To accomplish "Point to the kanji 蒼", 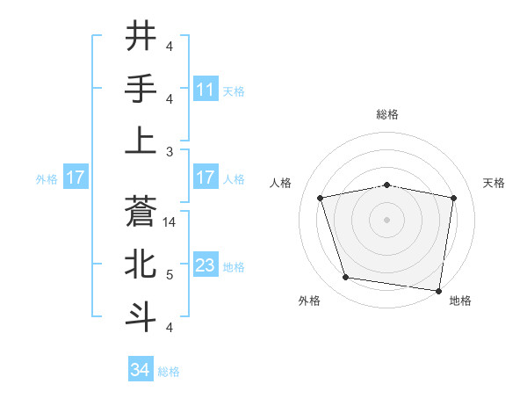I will (x=141, y=211).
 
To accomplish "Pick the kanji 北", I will (x=141, y=264).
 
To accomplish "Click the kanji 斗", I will (x=141, y=315).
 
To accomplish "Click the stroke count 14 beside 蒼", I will (x=170, y=222).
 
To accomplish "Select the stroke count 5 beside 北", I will (x=170, y=275).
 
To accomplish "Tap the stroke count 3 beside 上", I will (x=170, y=151).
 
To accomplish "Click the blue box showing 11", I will (x=206, y=89).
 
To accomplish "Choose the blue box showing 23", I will (x=206, y=265).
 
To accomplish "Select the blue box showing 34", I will (x=141, y=370).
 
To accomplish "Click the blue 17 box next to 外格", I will (x=76, y=178).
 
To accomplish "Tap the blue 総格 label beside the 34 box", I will (x=169, y=372).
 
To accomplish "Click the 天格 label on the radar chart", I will (x=494, y=183).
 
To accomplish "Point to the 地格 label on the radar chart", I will (x=460, y=301).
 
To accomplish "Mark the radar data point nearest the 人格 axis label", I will (x=321, y=198).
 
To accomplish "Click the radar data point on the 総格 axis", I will (x=387, y=185).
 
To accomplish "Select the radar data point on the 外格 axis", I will (x=346, y=278).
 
